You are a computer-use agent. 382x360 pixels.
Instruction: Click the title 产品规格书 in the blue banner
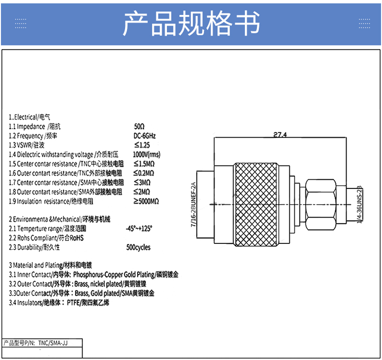pos(191,23)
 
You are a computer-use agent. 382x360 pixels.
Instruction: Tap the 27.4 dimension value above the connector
pos(280,134)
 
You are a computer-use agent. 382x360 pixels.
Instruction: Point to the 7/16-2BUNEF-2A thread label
pos(193,205)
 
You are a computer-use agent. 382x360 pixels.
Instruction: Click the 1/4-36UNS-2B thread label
pos(360,205)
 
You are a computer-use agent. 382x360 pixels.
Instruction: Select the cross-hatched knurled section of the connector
pos(255,205)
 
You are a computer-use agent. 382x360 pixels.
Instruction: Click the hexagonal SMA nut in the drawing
pos(320,205)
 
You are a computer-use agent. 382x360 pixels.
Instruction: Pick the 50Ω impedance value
pos(139,126)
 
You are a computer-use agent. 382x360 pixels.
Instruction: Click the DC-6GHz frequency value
pos(145,136)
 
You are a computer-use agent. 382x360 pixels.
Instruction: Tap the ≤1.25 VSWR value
pos(142,145)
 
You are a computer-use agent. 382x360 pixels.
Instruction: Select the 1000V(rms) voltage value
pos(147,154)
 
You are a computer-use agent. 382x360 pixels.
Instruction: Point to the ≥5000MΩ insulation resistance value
pos(146,201)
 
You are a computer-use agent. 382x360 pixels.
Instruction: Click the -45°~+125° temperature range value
pos(139,229)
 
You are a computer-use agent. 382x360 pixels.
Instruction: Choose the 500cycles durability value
pos(138,247)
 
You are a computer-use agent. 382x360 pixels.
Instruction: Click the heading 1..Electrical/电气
pos(30,117)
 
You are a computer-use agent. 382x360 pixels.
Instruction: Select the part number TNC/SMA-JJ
pos(53,343)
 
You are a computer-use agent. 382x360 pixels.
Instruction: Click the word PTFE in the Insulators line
pos(73,303)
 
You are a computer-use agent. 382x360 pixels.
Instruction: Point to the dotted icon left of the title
pos(21,23)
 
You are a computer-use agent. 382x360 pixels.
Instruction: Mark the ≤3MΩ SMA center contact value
pos(142,183)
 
